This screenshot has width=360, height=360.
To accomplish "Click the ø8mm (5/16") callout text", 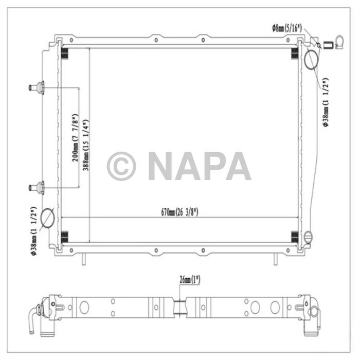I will click(287, 29).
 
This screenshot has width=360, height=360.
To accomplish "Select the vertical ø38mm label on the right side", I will click(325, 101).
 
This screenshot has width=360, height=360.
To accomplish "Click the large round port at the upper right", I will click(312, 60).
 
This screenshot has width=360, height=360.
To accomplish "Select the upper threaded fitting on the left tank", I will click(37, 88).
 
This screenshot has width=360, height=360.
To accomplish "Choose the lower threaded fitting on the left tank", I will click(37, 188).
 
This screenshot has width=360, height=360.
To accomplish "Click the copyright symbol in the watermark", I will click(121, 166).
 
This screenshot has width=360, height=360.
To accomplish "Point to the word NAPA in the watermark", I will click(200, 166).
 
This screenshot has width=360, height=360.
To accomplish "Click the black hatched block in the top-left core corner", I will click(65, 52).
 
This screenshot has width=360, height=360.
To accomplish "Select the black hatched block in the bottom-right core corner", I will click(295, 236).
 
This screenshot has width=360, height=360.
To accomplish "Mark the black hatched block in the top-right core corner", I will click(295, 52).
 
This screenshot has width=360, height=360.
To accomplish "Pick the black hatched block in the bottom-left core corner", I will click(65, 236).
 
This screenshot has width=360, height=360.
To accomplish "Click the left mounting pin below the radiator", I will click(82, 259).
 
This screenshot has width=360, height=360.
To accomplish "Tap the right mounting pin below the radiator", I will click(276, 259).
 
